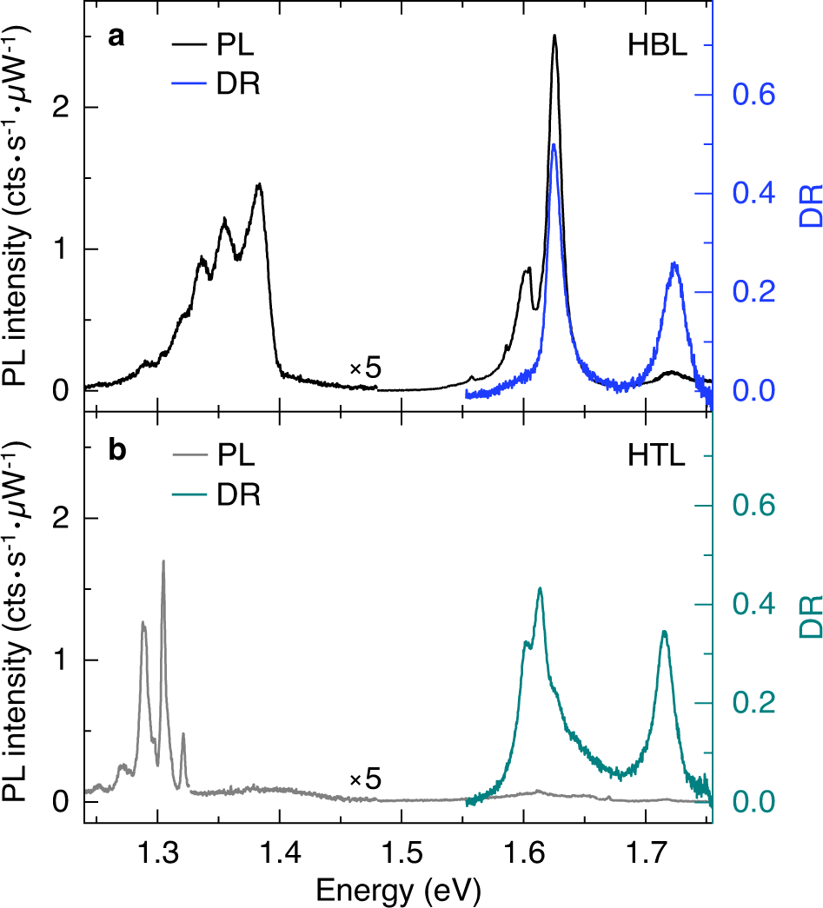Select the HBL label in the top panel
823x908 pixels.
pos(658,47)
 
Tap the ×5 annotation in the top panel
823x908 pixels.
pos(365,369)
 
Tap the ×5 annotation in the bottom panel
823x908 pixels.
pos(365,779)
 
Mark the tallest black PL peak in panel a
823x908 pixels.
pos(554,36)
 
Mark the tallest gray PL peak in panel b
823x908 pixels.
pos(163,561)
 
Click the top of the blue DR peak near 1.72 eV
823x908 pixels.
pos(674,263)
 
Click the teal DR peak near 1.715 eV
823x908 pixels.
pos(664,632)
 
